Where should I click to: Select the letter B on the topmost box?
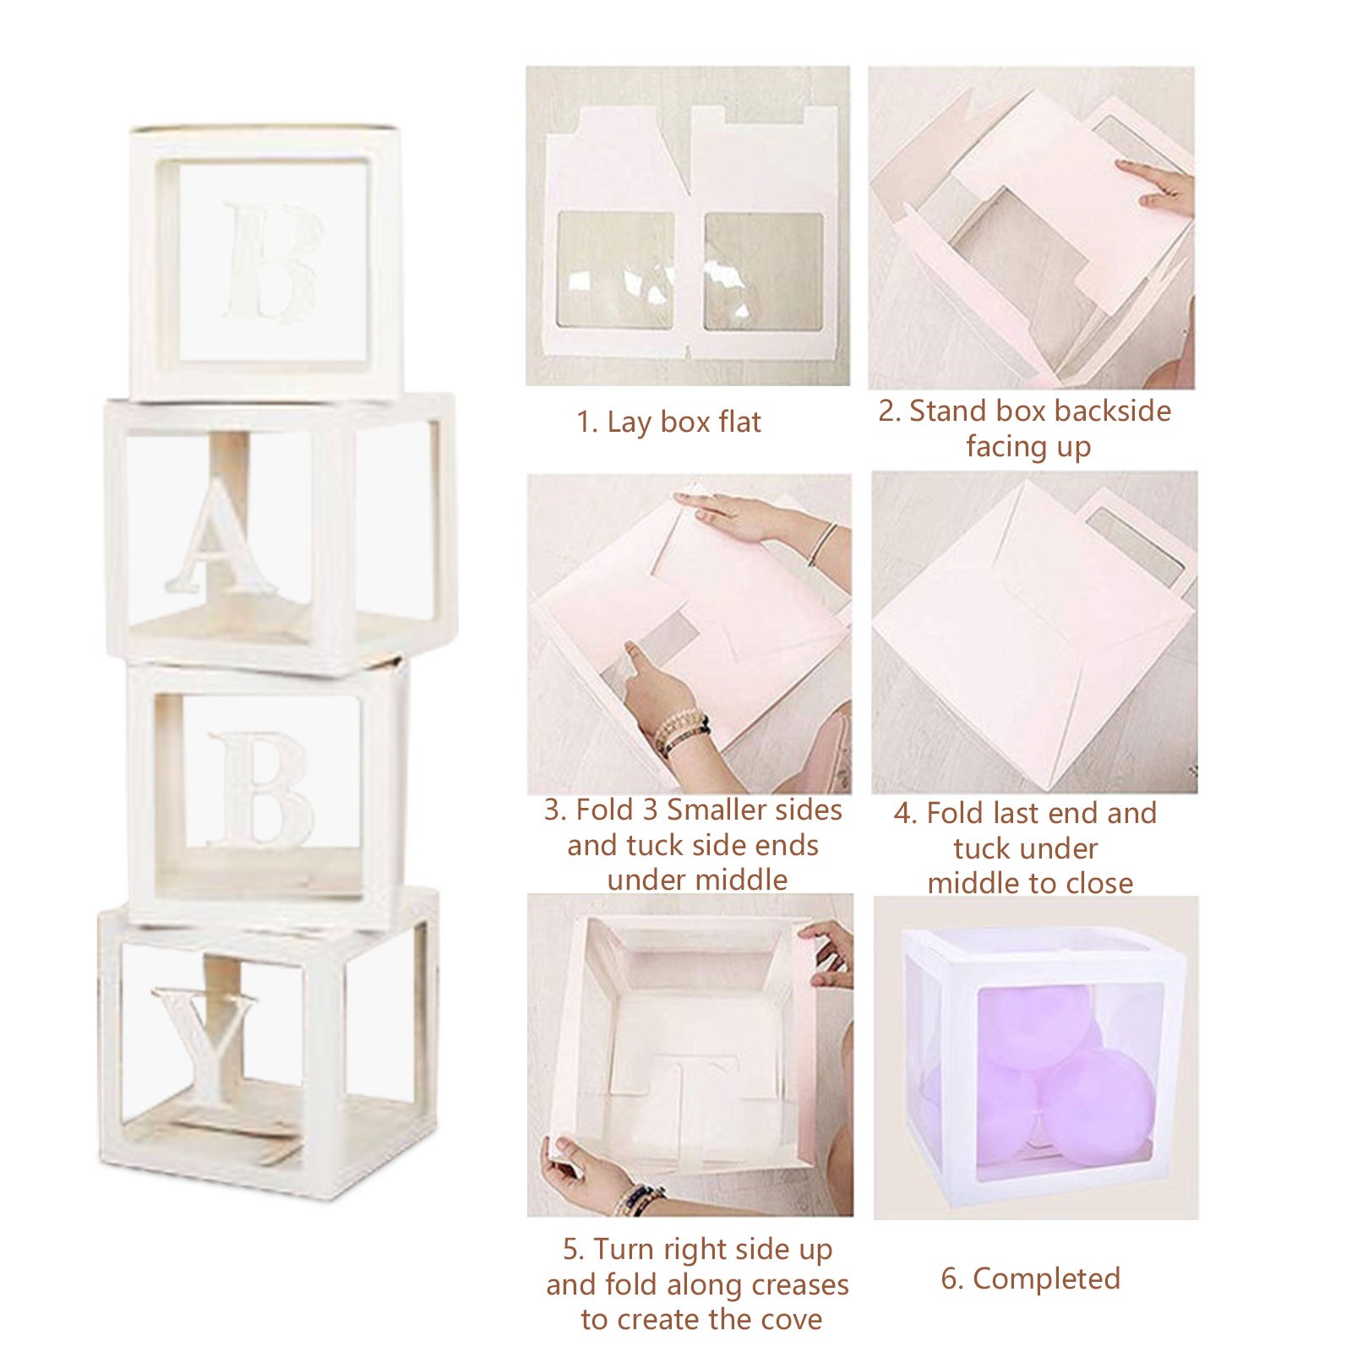point(273,262)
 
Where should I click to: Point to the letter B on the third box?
point(260,790)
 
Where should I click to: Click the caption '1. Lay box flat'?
point(668,422)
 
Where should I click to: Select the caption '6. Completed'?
point(1031,1278)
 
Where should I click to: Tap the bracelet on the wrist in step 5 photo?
point(635,1197)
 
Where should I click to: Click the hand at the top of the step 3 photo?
point(744,518)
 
